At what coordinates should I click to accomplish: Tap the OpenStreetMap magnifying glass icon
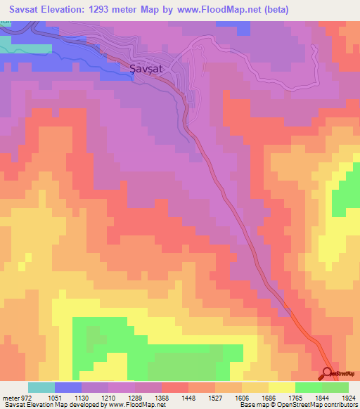[x=327, y=373]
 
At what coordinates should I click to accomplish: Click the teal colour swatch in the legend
[x=41, y=387]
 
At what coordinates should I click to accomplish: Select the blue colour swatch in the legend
[x=67, y=387]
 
